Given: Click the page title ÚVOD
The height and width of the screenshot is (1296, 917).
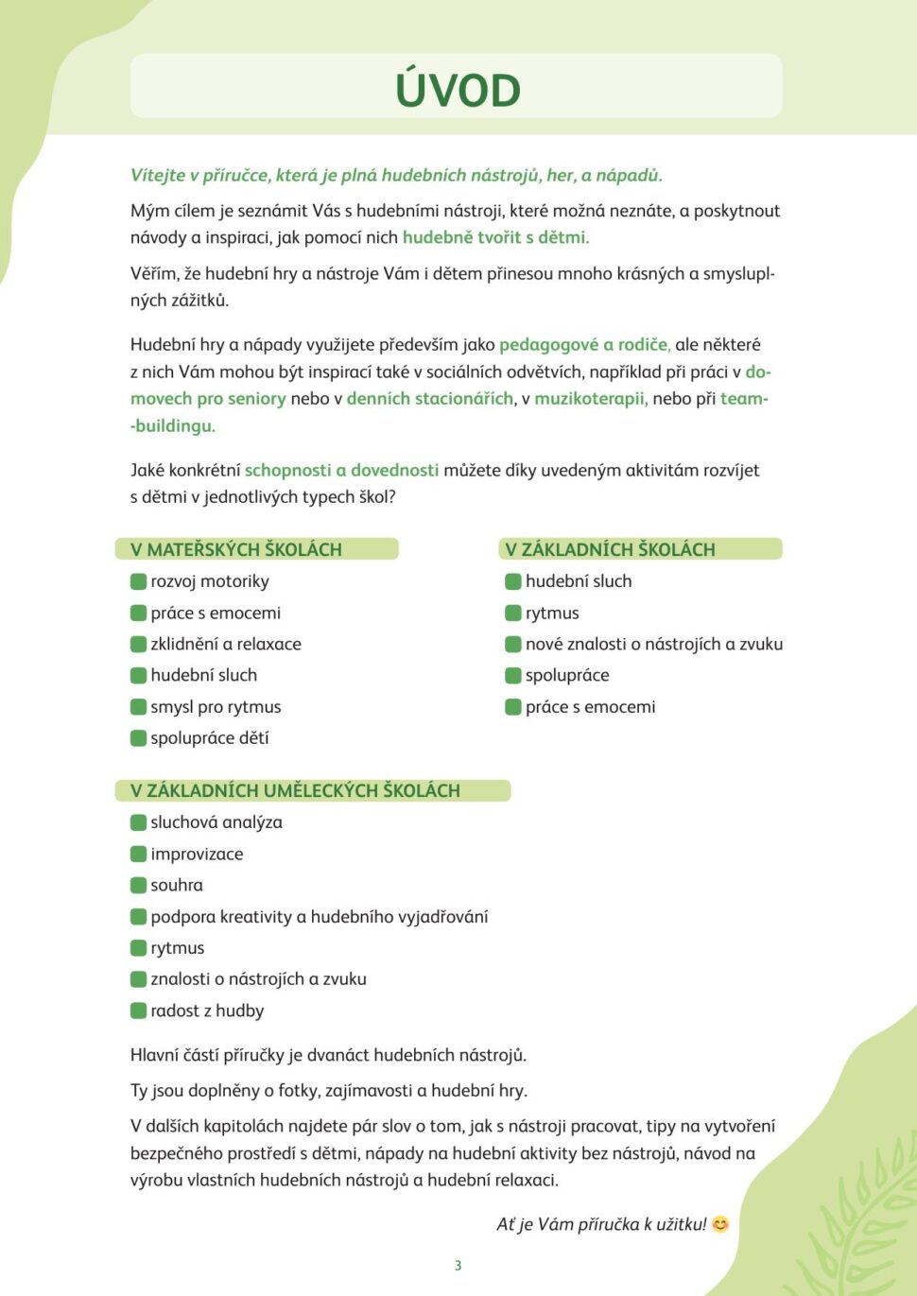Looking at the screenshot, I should (458, 90).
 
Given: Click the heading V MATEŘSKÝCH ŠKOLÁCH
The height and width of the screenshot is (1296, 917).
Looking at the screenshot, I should (236, 549).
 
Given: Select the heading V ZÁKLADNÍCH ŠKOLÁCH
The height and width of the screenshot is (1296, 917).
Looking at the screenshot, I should (610, 549).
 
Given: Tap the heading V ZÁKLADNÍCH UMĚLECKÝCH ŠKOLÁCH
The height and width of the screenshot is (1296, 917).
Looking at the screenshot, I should (295, 790).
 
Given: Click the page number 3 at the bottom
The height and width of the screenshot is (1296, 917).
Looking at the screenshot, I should (458, 1266).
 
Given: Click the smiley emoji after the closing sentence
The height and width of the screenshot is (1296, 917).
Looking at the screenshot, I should (720, 1224).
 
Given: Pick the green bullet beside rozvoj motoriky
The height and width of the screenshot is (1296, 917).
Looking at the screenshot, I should (139, 581).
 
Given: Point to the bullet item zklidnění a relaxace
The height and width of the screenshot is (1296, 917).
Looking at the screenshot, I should (226, 644).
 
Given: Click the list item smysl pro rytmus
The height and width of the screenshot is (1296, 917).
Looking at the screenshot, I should (216, 707).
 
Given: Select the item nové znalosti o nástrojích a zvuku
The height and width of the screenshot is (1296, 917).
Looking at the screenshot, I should (654, 644).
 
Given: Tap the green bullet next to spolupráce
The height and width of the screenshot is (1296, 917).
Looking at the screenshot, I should (513, 675).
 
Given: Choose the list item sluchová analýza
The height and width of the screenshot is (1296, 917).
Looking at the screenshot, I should (216, 822).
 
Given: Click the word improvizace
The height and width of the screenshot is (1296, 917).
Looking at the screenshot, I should (197, 854).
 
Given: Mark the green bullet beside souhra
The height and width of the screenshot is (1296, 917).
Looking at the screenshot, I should (139, 885).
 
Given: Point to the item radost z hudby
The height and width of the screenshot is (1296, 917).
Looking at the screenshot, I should (207, 1011).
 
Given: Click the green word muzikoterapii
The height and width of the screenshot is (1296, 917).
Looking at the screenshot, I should (591, 399).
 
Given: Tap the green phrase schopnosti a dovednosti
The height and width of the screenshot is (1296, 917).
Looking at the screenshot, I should (341, 470).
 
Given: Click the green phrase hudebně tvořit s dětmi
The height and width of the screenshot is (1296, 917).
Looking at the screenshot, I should (495, 237).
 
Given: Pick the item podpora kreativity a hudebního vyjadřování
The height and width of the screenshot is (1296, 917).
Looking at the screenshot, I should (320, 916).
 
